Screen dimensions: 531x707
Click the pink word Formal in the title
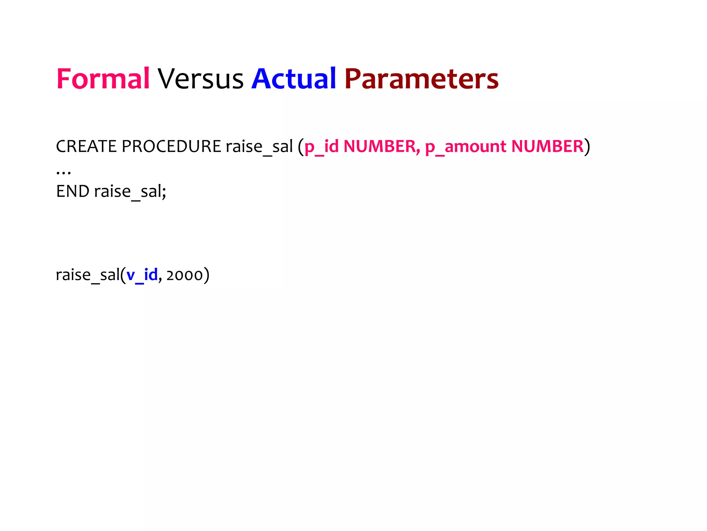click(103, 79)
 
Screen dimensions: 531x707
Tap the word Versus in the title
click(201, 79)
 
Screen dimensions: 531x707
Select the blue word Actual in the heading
click(293, 79)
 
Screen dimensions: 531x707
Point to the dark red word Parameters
click(421, 79)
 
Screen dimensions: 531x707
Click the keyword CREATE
click(86, 146)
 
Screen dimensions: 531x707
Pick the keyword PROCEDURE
click(171, 146)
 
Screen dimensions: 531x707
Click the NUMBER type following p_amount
click(547, 146)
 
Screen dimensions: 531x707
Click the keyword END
click(73, 191)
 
